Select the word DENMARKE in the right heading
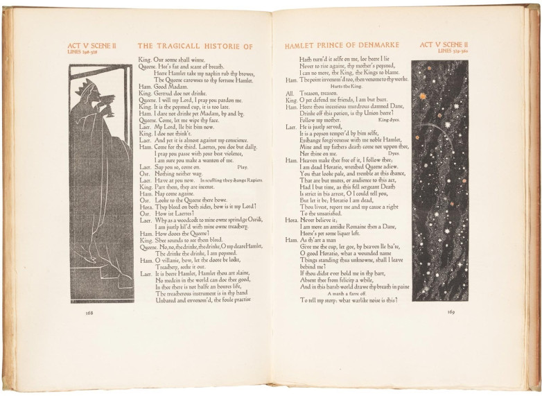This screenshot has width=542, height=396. pos(377,46)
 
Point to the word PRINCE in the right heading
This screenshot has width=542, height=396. pos(331,46)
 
